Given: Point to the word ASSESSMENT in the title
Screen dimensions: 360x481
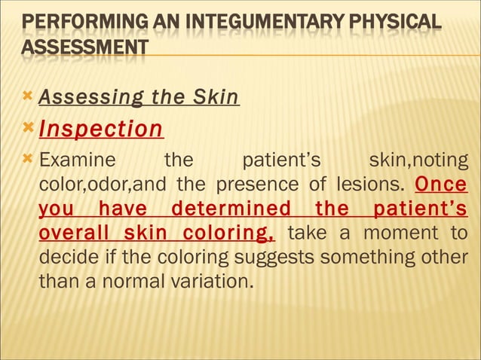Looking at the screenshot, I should pyautogui.click(x=84, y=48).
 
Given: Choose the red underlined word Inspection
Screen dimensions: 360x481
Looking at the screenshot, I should pyautogui.click(x=100, y=129).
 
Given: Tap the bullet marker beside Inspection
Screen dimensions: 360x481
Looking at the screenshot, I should pyautogui.click(x=28, y=127).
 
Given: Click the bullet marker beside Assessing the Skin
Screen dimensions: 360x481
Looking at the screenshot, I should pyautogui.click(x=28, y=96).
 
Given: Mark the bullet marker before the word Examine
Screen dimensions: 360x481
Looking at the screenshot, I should pyautogui.click(x=28, y=160).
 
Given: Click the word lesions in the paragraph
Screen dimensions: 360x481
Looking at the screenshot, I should pyautogui.click(x=372, y=185).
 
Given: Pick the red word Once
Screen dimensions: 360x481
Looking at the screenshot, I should pyautogui.click(x=441, y=185).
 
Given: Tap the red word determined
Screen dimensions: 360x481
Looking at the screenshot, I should pyautogui.click(x=231, y=209).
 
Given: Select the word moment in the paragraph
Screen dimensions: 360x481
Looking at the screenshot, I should pyautogui.click(x=406, y=233).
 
